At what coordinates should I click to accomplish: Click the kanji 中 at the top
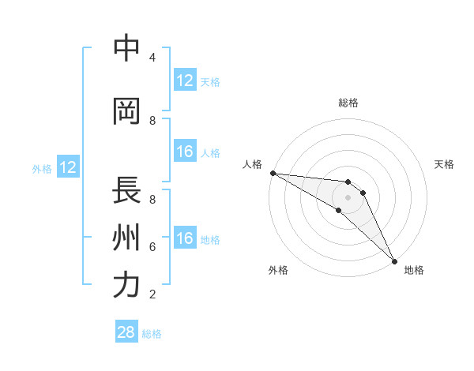(x=127, y=48)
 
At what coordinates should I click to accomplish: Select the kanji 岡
(x=127, y=111)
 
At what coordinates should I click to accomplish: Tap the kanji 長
(x=127, y=190)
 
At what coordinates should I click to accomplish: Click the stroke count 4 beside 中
(x=152, y=58)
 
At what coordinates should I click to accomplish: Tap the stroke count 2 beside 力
(x=152, y=294)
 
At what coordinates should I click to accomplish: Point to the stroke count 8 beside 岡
(x=152, y=121)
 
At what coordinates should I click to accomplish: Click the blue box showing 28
(x=126, y=332)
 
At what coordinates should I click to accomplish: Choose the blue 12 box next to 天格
(x=185, y=81)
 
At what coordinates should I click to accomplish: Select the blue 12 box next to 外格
(x=68, y=167)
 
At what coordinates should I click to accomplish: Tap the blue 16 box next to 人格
(x=185, y=152)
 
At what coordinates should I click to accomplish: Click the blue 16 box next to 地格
(x=185, y=238)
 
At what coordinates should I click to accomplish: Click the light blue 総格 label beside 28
(x=152, y=334)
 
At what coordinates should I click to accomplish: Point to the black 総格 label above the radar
(x=348, y=103)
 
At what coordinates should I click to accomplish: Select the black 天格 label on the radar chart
(x=445, y=164)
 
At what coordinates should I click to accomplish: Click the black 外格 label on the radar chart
(x=278, y=270)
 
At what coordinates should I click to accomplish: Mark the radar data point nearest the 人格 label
(x=273, y=173)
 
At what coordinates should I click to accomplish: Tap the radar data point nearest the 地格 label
(x=394, y=260)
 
